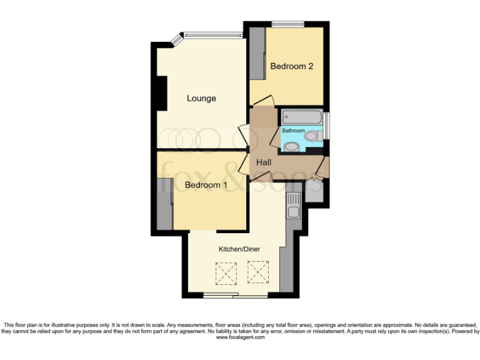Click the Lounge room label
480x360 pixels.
(x=201, y=98)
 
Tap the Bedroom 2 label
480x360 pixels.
(x=291, y=66)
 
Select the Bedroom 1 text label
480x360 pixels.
(x=206, y=185)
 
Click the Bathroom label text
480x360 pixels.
(x=293, y=131)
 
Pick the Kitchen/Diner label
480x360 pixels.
(x=239, y=249)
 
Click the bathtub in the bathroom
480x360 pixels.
(x=302, y=117)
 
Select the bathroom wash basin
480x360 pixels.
(x=291, y=147)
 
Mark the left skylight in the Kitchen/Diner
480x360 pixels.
(x=224, y=272)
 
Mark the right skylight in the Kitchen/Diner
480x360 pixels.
(x=257, y=272)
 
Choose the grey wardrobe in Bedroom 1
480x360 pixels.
(x=165, y=205)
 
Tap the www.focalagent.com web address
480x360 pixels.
(x=240, y=337)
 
